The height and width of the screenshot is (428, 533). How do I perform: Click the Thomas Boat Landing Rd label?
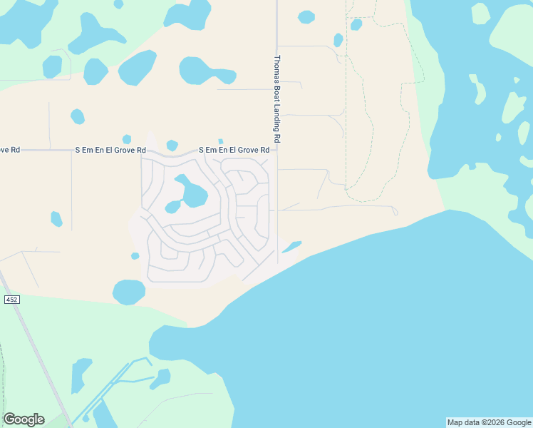(277, 98)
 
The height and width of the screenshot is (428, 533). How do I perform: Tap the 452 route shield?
(11, 300)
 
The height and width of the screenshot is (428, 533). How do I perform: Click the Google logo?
(24, 419)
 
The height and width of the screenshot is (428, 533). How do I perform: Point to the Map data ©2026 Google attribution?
(489, 422)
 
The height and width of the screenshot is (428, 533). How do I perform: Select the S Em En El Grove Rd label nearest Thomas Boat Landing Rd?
(234, 151)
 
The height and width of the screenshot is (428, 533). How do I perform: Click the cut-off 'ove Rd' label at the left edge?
(9, 151)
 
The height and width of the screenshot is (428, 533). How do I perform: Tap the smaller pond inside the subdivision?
(172, 207)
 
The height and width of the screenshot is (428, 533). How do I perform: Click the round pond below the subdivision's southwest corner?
(129, 291)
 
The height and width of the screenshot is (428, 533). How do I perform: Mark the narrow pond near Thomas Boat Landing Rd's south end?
(291, 247)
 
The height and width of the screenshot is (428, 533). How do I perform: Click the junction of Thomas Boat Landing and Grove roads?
(277, 150)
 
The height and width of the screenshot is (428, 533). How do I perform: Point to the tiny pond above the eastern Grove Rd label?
(221, 141)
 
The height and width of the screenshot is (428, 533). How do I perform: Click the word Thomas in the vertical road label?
(277, 69)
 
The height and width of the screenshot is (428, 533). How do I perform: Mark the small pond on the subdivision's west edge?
(135, 255)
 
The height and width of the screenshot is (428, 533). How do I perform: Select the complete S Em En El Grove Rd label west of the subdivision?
(111, 151)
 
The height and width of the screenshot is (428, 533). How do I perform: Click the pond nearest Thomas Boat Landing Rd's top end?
(306, 17)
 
